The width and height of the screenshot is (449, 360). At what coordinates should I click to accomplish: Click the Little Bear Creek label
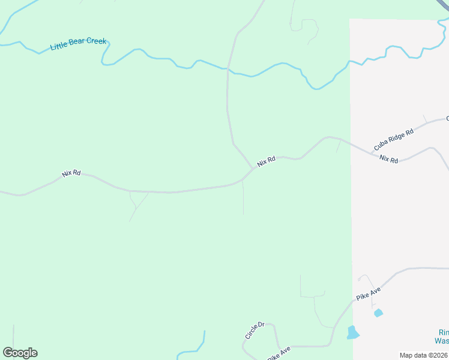click(78, 44)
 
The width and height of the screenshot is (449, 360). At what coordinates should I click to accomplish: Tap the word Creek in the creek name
click(97, 41)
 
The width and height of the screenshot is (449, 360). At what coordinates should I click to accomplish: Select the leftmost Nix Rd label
click(71, 173)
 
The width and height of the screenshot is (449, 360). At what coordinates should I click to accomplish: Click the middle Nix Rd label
click(266, 161)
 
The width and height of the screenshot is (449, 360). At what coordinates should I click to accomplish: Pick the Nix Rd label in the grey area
click(388, 160)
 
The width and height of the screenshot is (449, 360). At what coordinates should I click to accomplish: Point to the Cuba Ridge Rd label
click(394, 140)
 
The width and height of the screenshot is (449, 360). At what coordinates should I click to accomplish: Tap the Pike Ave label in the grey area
click(369, 293)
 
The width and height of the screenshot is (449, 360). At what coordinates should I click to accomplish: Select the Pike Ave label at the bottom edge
click(279, 354)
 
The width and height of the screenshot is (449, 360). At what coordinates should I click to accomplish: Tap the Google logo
click(20, 353)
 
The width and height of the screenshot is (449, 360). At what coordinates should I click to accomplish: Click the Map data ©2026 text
click(424, 355)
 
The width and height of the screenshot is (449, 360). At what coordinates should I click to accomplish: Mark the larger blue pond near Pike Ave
click(353, 332)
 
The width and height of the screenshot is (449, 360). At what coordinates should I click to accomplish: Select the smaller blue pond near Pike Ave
click(378, 313)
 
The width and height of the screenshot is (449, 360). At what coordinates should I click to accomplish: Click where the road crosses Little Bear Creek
click(228, 69)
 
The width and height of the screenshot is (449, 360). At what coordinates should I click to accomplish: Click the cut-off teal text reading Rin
click(443, 332)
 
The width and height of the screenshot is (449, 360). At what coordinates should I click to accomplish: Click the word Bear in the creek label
click(82, 43)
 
